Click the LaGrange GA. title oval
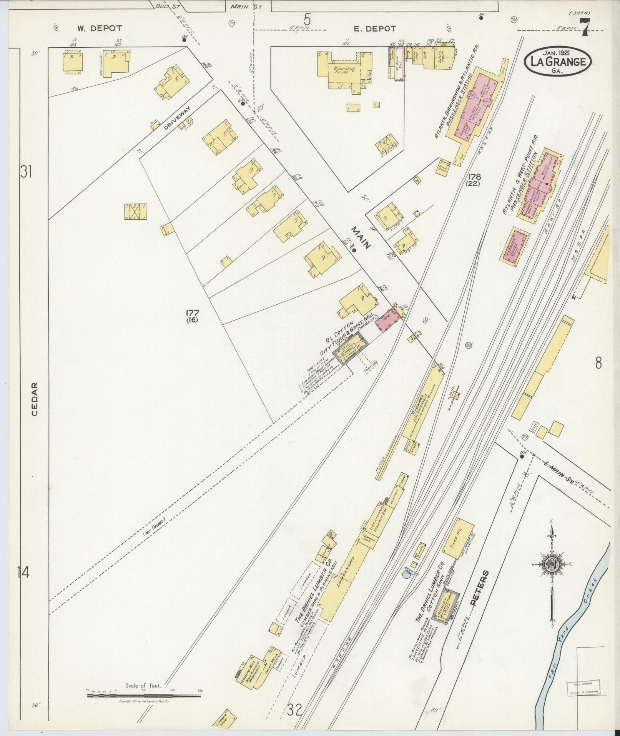(x=558, y=61)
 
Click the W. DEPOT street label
(x=100, y=28)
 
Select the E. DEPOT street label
(x=375, y=28)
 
